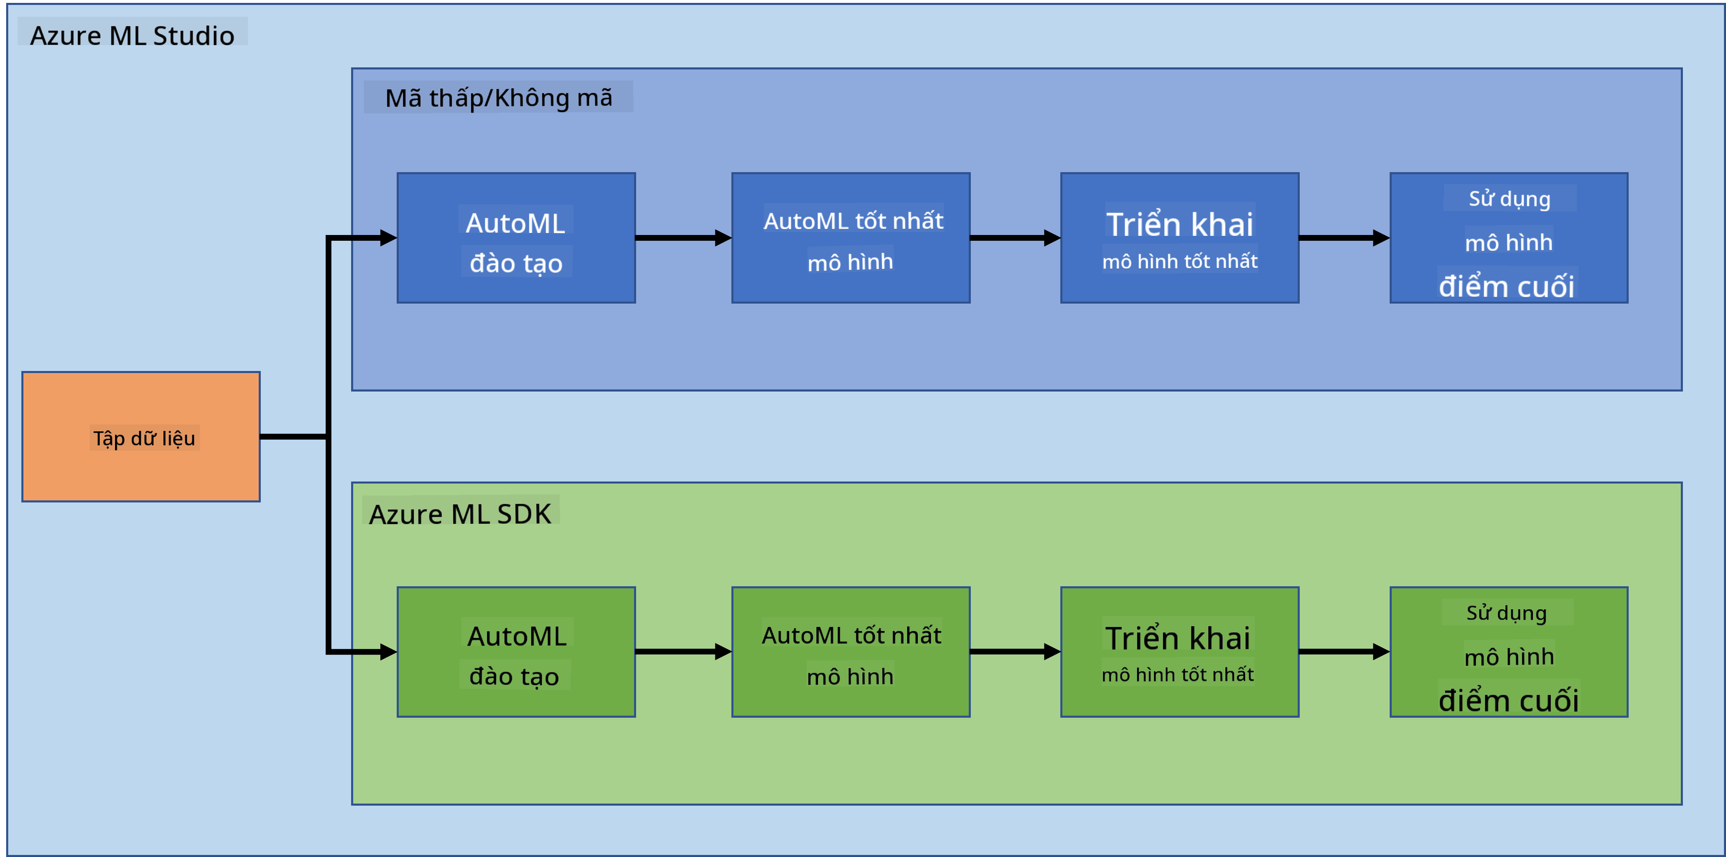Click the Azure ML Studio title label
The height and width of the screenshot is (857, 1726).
point(132,35)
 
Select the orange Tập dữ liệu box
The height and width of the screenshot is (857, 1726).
point(141,437)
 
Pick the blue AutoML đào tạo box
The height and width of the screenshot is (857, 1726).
point(516,238)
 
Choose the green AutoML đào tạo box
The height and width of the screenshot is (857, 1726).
point(516,652)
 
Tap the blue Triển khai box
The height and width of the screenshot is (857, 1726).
point(1180,238)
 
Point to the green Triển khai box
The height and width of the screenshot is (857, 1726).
point(1180,652)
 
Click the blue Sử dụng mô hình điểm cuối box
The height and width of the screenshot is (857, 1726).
point(1509,238)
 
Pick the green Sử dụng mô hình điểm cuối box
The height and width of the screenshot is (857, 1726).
point(1509,652)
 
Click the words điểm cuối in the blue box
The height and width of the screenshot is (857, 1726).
point(1507,286)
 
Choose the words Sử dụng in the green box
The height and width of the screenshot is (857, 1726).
point(1507,613)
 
